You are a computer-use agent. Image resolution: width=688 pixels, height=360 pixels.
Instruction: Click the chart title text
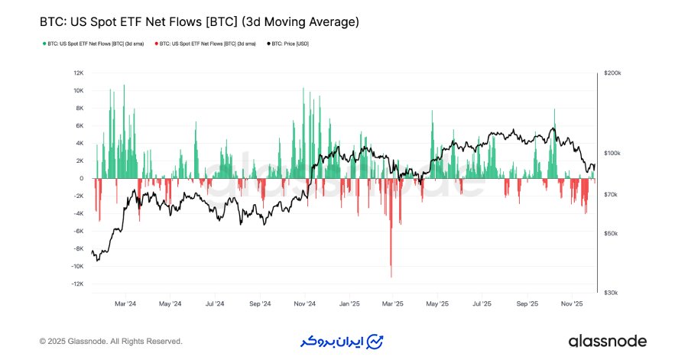click(199, 23)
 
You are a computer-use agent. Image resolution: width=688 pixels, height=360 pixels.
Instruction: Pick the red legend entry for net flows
click(206, 44)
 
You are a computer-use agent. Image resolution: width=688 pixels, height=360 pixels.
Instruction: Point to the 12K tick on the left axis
click(78, 73)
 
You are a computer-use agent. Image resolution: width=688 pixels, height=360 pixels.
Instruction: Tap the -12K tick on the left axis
click(76, 284)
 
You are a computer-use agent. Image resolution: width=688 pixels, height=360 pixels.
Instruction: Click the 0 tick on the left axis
click(81, 179)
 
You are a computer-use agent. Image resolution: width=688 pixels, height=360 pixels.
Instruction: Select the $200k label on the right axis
click(612, 73)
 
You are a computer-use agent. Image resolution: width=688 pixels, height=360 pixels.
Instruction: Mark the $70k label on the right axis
click(611, 196)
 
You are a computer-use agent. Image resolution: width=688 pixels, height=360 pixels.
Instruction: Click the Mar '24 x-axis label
click(125, 303)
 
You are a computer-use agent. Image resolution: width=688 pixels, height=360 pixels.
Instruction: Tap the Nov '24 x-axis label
click(304, 303)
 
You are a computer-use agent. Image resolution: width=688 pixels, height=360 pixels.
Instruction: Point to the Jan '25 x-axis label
click(349, 303)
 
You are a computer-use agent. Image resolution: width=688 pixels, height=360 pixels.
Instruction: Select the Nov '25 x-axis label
click(572, 303)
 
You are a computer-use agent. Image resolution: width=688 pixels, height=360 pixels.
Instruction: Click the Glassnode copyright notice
click(111, 341)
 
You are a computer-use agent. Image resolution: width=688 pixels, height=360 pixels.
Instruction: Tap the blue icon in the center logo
click(375, 341)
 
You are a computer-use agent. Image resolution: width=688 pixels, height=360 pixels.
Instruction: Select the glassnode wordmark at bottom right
click(607, 341)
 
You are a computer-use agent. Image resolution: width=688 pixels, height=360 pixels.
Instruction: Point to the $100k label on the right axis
click(612, 154)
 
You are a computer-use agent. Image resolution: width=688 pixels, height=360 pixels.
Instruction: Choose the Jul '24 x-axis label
click(215, 303)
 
